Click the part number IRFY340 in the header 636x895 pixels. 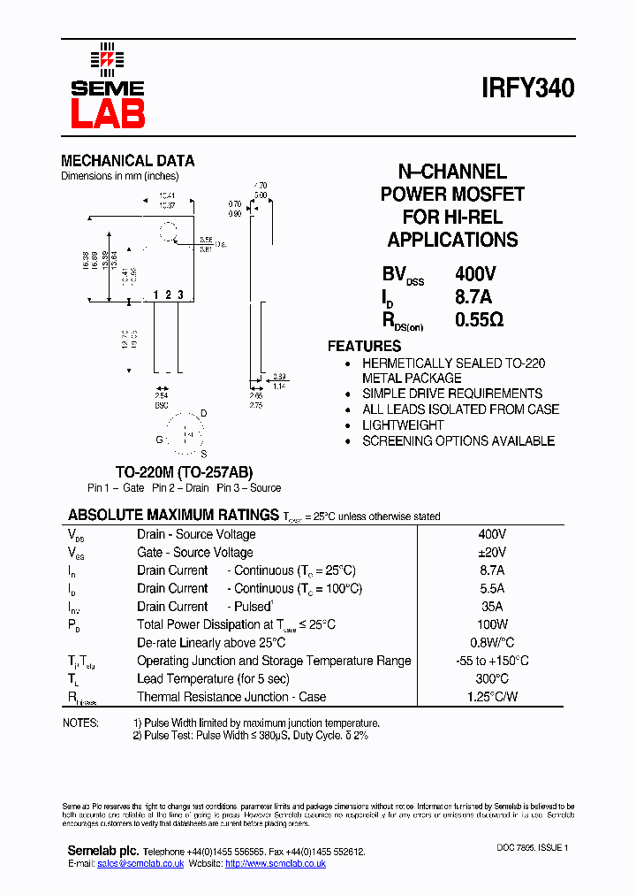pos(528,88)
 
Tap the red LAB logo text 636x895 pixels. pos(107,113)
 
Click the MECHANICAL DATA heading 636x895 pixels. pos(127,161)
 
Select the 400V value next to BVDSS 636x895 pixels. pos(475,274)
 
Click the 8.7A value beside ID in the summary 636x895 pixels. pos(473,297)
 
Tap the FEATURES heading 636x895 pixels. pos(364,346)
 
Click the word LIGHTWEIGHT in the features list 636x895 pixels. pos(403,425)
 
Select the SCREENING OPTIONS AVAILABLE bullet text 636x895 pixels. pos(458,440)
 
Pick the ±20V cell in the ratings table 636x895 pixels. pos(491,553)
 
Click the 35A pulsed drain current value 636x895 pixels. pos(491,607)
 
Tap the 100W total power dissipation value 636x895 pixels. pos(491,624)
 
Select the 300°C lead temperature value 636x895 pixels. pos(491,678)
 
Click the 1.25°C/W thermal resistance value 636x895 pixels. pos(491,697)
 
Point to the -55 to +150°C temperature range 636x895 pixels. pos(491,661)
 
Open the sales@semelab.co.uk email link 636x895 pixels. pos(140,863)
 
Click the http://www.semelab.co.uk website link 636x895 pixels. pos(276,863)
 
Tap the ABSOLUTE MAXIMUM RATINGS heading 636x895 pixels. pos(173,515)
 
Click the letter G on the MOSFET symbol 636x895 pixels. pos(160,440)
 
